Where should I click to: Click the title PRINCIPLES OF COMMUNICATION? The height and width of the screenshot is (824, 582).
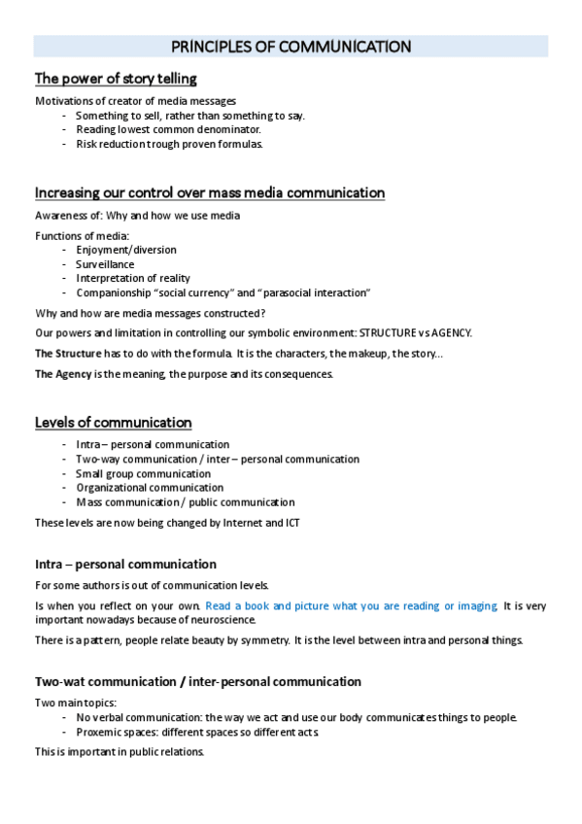291,47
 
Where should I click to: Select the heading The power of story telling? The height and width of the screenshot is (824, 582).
116,79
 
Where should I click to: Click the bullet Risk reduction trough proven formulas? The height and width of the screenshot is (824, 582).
169,144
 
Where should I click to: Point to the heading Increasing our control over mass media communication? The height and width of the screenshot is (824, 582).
210,192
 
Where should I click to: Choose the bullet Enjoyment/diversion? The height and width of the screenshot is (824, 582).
126,250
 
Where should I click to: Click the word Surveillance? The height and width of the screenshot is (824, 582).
105,264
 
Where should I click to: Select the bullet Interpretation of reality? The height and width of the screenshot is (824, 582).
133,279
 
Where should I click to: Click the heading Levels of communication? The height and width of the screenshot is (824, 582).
114,423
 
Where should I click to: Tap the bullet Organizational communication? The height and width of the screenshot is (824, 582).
150,488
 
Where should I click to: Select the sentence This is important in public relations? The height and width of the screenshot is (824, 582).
120,752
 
